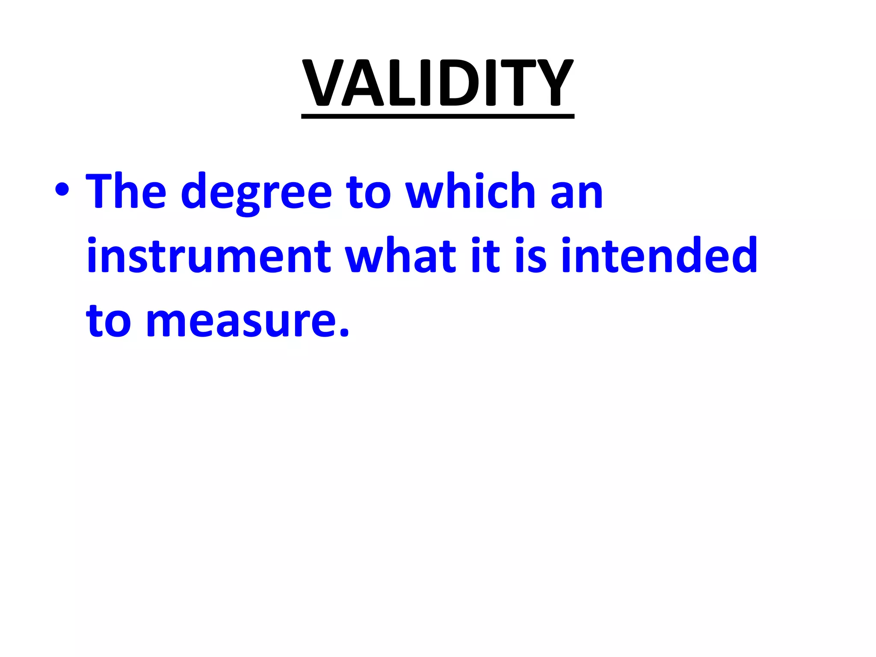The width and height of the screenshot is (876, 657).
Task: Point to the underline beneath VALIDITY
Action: click(x=438, y=116)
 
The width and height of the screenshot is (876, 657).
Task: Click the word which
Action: click(x=471, y=191)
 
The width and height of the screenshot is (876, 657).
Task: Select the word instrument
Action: click(x=209, y=255)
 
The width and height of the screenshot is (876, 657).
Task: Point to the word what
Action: click(x=401, y=255)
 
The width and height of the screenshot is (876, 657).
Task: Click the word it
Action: click(x=485, y=255)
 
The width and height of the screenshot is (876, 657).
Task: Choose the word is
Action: click(x=531, y=255)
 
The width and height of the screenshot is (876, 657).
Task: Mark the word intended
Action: click(x=659, y=255)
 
